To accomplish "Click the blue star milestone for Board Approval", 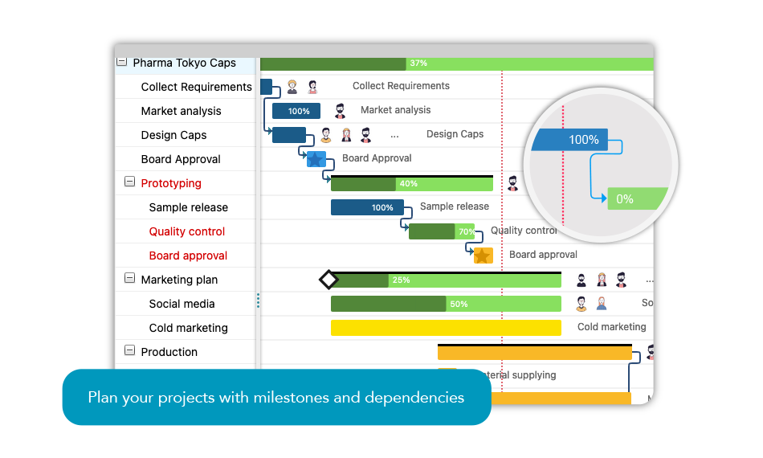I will [316, 159].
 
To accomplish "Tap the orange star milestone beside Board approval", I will [483, 256].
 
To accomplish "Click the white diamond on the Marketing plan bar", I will [328, 280].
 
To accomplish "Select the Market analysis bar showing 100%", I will [296, 111].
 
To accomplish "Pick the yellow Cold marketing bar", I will [446, 328].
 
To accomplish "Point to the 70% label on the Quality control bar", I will [466, 232].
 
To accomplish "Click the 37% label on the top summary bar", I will [418, 63].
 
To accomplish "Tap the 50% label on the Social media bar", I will [459, 305].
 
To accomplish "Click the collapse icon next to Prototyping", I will [129, 182].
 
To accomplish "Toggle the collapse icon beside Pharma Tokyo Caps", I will [121, 62].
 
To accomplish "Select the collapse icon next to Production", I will [129, 351].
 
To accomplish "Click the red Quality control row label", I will [187, 231].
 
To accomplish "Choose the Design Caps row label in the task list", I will [173, 135].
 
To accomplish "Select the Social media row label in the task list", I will [182, 304].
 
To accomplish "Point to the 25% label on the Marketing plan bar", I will [401, 280].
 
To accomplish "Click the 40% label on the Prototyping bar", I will [408, 184].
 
